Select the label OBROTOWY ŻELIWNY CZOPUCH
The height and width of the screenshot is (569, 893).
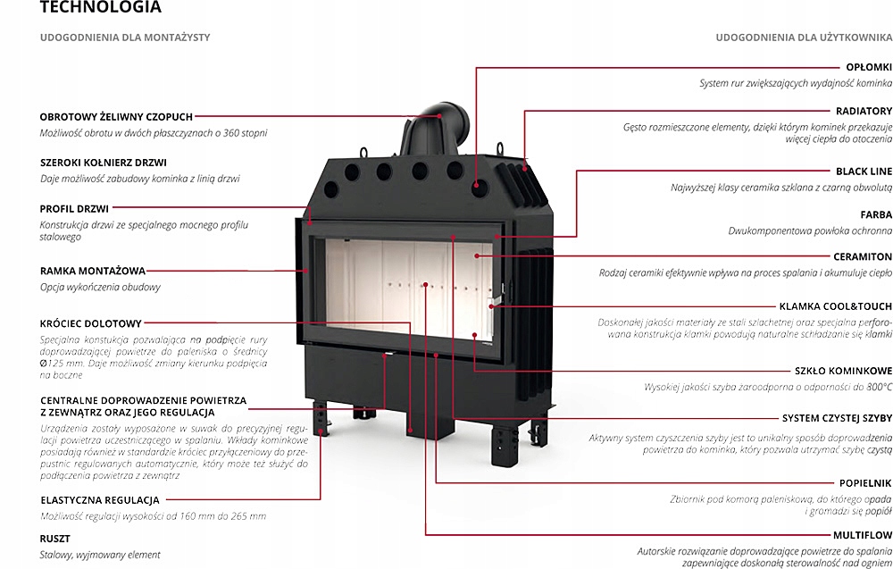click(x=116, y=116)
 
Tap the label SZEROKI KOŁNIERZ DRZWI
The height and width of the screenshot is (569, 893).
click(x=104, y=163)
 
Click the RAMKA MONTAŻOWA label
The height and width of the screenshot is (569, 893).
click(x=93, y=270)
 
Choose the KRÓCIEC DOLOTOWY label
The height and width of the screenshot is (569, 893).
click(x=90, y=322)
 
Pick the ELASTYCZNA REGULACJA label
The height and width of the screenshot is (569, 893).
click(x=100, y=499)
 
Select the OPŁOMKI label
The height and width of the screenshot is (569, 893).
click(x=868, y=67)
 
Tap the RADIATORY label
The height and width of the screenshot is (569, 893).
click(x=864, y=111)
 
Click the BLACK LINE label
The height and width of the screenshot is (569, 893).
click(x=864, y=171)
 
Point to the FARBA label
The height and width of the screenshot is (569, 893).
click(x=876, y=214)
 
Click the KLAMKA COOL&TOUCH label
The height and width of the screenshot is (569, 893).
click(x=835, y=305)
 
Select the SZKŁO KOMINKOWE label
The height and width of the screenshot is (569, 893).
click(x=843, y=370)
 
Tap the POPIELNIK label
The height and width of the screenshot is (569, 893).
click(x=864, y=482)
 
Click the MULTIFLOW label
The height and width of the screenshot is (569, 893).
click(x=861, y=535)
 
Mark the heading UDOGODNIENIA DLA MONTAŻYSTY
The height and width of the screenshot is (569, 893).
click(x=125, y=38)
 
